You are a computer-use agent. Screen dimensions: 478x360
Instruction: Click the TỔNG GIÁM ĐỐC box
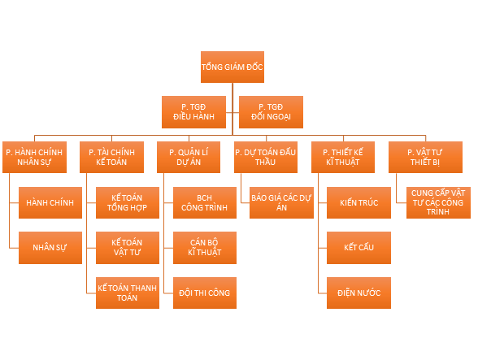click(x=232, y=67)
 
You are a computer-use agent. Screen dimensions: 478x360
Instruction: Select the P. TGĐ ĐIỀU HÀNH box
click(x=193, y=112)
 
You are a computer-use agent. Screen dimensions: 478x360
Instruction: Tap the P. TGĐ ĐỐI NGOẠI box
click(x=271, y=112)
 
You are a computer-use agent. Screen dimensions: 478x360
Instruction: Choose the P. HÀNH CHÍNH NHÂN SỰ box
click(x=34, y=157)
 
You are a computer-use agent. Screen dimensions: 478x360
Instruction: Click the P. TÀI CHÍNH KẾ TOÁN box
click(x=111, y=157)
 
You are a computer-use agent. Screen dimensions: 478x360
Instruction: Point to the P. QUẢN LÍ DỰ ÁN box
click(x=189, y=157)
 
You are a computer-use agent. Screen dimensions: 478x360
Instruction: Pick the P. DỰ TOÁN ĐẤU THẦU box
click(x=266, y=157)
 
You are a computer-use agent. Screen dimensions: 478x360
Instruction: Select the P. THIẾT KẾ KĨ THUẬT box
click(x=343, y=157)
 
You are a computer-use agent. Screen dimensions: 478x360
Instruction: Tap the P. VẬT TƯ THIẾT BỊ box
click(x=426, y=157)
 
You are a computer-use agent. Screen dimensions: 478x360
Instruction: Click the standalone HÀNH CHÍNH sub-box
click(x=50, y=202)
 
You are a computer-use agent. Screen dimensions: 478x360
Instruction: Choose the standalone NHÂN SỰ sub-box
click(x=50, y=248)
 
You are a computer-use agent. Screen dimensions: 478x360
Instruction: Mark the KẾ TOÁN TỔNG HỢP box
click(x=128, y=202)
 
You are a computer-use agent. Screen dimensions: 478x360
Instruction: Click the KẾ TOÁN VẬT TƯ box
click(x=128, y=248)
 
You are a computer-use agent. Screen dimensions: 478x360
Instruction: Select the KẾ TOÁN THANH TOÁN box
click(x=128, y=293)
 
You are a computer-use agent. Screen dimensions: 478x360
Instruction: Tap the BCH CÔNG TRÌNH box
click(x=205, y=202)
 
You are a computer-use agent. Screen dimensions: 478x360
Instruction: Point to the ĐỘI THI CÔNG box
click(x=205, y=293)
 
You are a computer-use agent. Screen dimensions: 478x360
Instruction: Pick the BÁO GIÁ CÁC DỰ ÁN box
click(x=281, y=202)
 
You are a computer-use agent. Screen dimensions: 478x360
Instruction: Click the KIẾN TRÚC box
click(x=358, y=202)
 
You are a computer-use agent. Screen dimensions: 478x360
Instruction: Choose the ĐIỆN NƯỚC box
click(x=358, y=293)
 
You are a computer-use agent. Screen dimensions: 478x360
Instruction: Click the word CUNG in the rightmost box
click(x=420, y=193)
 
